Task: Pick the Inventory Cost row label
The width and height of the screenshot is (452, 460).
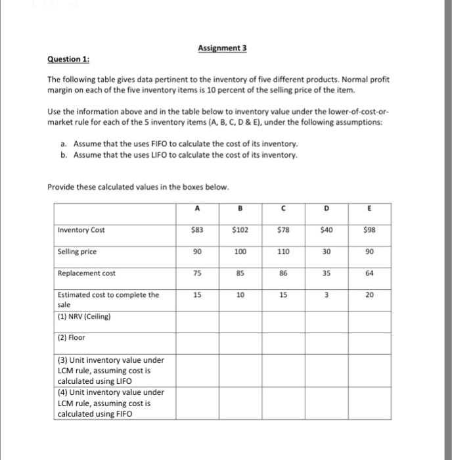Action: coord(81,230)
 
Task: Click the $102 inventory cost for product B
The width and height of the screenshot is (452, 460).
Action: coord(240,230)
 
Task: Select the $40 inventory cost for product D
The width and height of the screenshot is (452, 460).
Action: coord(327,230)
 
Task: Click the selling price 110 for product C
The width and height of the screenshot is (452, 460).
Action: coord(283,252)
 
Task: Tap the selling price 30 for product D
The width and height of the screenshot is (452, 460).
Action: coord(327,252)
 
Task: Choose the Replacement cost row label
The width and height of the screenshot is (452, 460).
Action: coord(83,273)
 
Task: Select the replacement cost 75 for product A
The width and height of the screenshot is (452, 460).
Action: coord(196,273)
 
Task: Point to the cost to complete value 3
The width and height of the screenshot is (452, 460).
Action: coord(327,295)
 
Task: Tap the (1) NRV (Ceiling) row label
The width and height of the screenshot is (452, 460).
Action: coord(85,316)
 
